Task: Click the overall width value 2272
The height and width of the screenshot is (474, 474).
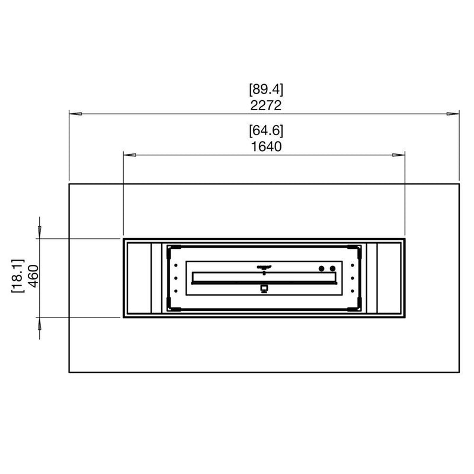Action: [x=265, y=105]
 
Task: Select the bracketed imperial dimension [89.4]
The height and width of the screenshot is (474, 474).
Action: [x=266, y=89]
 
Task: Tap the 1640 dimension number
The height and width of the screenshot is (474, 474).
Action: [x=266, y=146]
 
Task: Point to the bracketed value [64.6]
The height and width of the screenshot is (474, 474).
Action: [x=266, y=130]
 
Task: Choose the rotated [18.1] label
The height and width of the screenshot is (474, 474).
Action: [x=18, y=276]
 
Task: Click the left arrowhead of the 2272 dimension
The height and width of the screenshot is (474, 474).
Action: [x=75, y=114]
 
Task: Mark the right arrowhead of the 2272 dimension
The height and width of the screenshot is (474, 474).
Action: [x=453, y=114]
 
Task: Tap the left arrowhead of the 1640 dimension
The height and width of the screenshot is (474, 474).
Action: [x=130, y=155]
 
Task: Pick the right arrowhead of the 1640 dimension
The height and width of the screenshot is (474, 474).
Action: [x=398, y=155]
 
